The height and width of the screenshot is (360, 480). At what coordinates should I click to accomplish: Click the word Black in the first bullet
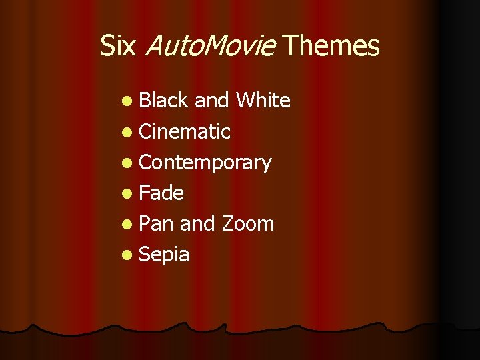click(164, 101)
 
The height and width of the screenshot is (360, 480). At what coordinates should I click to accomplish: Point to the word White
click(263, 101)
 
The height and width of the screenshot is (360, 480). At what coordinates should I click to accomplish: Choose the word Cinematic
click(185, 131)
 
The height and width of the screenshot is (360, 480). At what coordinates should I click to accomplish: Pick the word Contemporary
click(205, 163)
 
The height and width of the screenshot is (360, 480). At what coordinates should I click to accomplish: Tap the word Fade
click(161, 193)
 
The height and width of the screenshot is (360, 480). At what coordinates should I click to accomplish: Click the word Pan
click(157, 223)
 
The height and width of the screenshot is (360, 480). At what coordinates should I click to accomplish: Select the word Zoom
click(247, 223)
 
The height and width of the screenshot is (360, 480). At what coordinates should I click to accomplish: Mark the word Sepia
click(164, 255)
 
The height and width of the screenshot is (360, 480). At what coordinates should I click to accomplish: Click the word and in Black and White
click(212, 101)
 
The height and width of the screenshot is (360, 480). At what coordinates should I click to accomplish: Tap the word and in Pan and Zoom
click(197, 223)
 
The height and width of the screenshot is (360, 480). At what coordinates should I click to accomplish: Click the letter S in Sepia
click(145, 254)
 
